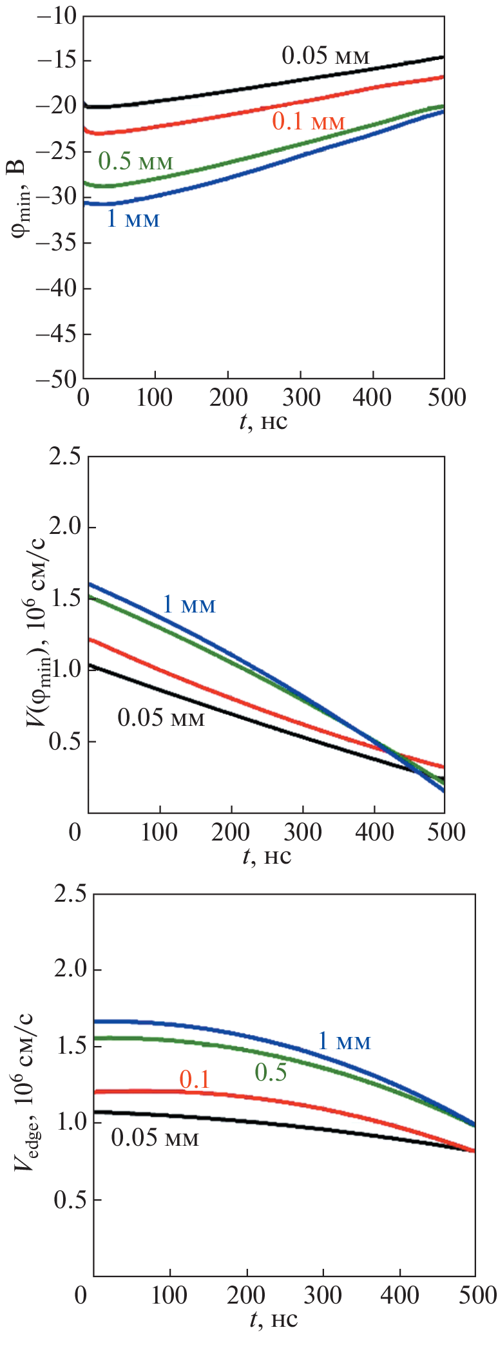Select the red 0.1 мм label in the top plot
click(309, 121)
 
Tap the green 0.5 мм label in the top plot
click(135, 161)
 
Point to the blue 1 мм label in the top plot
click(133, 219)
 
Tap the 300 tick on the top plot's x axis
click(301, 397)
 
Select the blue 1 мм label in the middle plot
click(189, 604)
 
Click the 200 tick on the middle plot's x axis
click(231, 832)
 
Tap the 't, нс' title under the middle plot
click(266, 857)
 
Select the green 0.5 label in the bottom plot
click(271, 1072)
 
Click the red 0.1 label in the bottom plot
click(195, 1079)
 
